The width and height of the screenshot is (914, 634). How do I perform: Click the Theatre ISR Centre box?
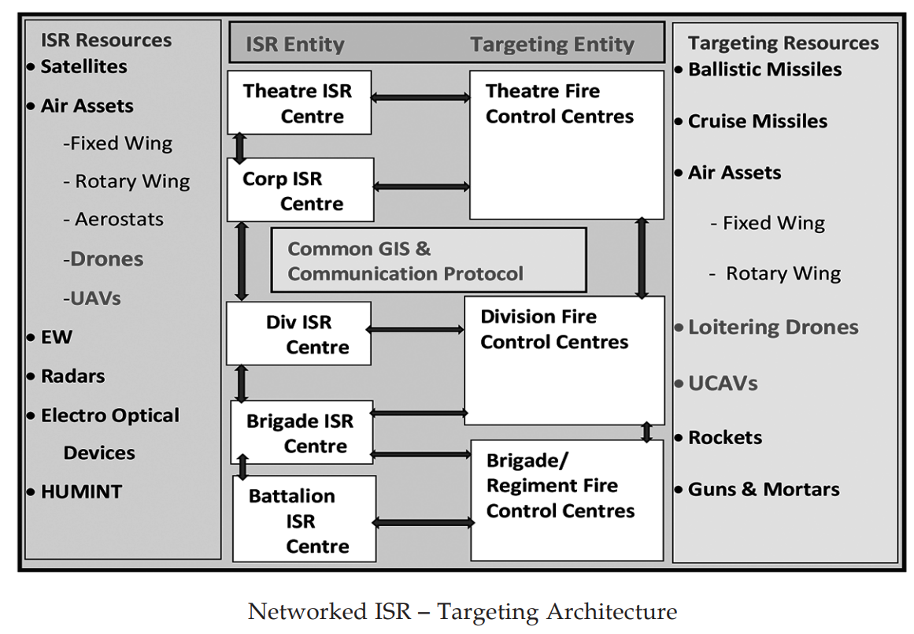click(x=299, y=102)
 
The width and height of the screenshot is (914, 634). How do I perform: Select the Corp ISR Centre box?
click(x=300, y=190)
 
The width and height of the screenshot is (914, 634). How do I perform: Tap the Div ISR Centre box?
click(x=298, y=334)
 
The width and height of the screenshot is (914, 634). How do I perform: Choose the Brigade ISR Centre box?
click(x=302, y=432)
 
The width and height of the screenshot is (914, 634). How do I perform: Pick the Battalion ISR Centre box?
click(x=305, y=519)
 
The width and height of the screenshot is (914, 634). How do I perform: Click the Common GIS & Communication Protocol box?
click(x=428, y=260)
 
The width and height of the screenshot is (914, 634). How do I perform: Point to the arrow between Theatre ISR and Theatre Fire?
click(x=420, y=98)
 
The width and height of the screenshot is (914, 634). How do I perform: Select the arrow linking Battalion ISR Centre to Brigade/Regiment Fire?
click(x=424, y=523)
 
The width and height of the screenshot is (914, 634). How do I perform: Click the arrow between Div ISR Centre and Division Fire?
click(x=415, y=329)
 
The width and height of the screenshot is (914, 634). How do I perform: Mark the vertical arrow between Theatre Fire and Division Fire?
click(x=642, y=258)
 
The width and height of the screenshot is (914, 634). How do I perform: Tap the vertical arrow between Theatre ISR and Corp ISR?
click(x=239, y=148)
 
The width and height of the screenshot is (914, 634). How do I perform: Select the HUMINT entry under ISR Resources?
click(x=76, y=491)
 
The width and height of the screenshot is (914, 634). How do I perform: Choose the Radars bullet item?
click(x=66, y=376)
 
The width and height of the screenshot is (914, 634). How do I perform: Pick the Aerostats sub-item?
click(x=113, y=219)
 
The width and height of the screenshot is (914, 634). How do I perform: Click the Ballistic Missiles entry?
click(x=758, y=69)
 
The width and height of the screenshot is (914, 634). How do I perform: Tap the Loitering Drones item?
click(x=767, y=327)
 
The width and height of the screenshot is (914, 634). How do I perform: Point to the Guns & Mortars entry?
click(x=757, y=489)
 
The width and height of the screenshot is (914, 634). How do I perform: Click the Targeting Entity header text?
click(x=553, y=44)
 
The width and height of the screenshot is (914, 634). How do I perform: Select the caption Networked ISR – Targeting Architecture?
click(x=462, y=612)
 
